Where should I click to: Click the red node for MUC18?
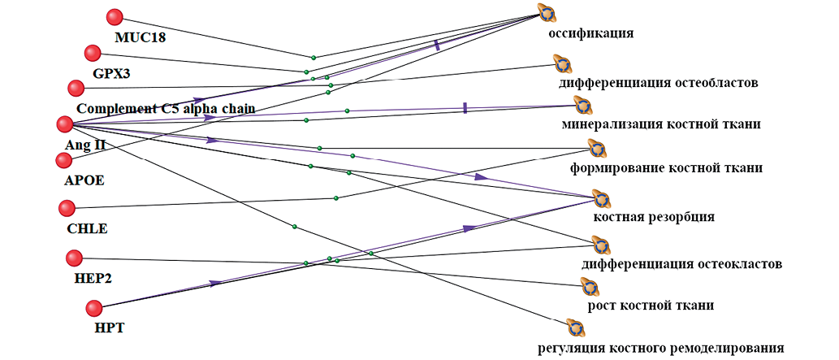[115, 16]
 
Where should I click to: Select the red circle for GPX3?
[93, 54]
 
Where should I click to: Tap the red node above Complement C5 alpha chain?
[76, 87]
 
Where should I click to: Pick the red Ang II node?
[65, 124]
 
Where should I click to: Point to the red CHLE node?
[66, 209]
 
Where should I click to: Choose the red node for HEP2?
[74, 258]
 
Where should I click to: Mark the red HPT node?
[94, 308]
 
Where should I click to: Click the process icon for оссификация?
[546, 13]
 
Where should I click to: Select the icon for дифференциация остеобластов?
[562, 63]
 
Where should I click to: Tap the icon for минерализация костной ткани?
[582, 105]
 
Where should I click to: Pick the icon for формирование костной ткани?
[597, 149]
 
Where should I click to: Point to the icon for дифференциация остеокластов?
[599, 245]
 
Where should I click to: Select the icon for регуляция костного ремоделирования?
[575, 328]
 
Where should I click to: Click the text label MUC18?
[140, 37]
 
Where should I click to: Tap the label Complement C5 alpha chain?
[166, 108]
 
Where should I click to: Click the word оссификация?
[590, 34]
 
